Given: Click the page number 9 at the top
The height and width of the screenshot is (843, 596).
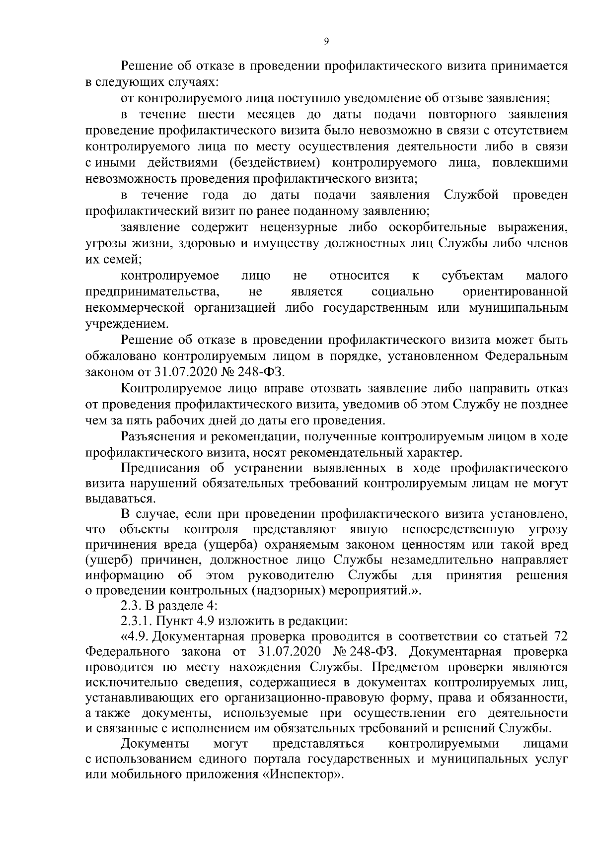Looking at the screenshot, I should coord(326,42).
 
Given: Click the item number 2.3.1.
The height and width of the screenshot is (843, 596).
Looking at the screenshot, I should coord(135,621).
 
